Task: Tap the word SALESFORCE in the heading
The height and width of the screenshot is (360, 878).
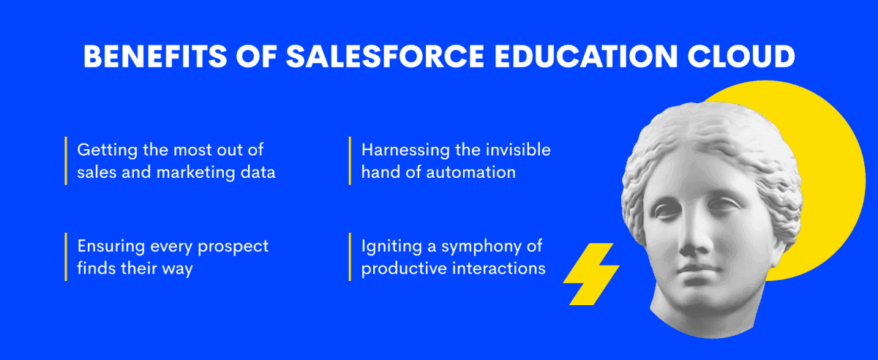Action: click(385, 56)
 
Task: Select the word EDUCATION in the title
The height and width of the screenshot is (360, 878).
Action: click(585, 56)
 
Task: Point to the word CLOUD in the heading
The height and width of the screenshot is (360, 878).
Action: click(741, 56)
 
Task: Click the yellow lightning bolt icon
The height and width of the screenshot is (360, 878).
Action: click(591, 274)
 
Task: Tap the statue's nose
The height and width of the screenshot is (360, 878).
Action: click(694, 236)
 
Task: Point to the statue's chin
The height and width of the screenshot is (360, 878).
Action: click(699, 300)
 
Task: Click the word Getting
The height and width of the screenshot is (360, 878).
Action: click(107, 151)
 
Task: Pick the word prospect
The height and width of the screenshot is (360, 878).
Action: click(233, 247)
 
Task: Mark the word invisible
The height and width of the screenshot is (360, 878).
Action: click(518, 150)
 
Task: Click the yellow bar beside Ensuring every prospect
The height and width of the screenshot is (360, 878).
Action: click(66, 257)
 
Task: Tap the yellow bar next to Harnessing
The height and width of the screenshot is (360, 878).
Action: click(350, 161)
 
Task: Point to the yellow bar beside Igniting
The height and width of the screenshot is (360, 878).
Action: click(350, 257)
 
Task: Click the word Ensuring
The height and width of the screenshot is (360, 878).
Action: click(111, 247)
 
